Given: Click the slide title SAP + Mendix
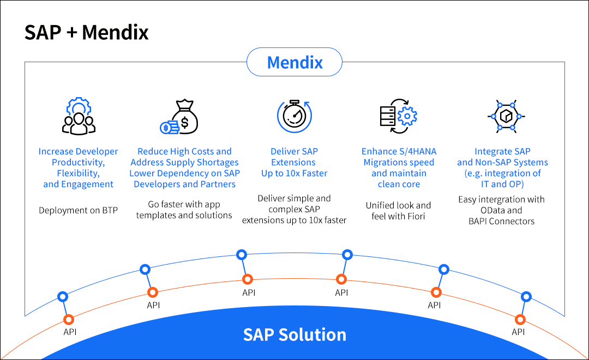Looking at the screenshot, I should tap(87, 33).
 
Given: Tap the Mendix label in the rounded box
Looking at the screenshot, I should tap(294, 62).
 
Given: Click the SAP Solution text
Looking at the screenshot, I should tap(294, 334).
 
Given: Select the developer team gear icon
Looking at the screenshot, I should tap(79, 116).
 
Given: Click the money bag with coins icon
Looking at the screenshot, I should tap(179, 117).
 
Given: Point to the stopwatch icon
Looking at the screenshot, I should tap(294, 116).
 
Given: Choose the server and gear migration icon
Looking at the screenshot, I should tap(399, 116).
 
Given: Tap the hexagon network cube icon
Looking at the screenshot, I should tap(501, 116).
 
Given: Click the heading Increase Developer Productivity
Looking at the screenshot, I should tap(79, 168).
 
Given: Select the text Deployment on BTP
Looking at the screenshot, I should tap(79, 211).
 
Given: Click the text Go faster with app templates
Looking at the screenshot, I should tap(184, 210).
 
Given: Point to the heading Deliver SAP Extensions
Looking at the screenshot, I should tap(294, 163).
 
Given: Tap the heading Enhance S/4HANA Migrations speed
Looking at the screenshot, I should tap(399, 168).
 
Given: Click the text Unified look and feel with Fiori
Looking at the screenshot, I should tap(399, 211).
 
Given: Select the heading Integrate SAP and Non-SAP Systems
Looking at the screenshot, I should tap(502, 168).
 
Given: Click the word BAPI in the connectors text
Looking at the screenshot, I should tap(480, 221).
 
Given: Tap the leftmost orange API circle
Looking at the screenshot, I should tap(68, 320).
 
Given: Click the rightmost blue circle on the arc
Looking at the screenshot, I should tap(526, 297).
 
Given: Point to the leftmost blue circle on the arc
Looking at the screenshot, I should tap(63, 297).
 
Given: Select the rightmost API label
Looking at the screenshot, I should tap(518, 332).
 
